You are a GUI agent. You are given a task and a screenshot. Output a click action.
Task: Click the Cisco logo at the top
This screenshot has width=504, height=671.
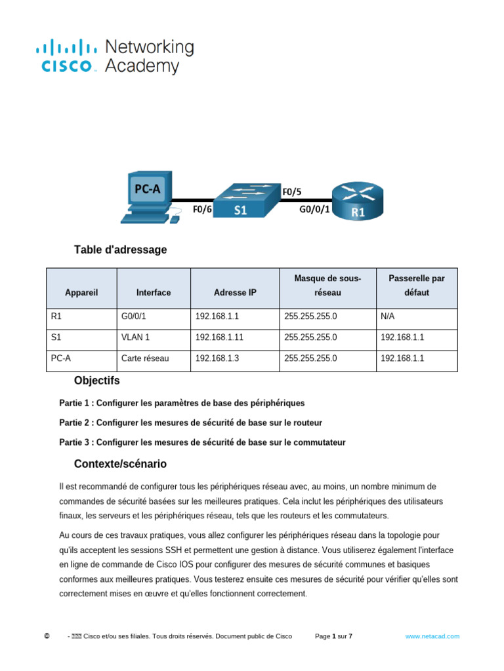click(114, 56)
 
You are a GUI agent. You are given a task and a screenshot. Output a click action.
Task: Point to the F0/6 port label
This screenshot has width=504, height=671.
click(202, 210)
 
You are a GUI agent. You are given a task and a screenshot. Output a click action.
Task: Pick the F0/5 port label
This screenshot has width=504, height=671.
click(292, 192)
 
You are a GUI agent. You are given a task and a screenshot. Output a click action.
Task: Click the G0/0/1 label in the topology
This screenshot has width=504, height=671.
click(314, 210)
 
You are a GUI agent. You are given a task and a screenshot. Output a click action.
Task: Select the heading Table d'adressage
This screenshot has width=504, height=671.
click(120, 250)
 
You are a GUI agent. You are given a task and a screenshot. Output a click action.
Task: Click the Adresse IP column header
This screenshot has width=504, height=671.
click(235, 293)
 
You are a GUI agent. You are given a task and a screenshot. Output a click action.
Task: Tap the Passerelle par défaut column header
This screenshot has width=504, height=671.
click(416, 286)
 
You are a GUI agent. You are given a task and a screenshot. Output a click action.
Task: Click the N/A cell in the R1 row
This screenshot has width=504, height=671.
click(387, 316)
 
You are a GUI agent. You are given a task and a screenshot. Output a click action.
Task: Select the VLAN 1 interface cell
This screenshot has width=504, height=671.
click(136, 337)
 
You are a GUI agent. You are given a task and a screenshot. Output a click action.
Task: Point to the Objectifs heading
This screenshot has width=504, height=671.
click(97, 381)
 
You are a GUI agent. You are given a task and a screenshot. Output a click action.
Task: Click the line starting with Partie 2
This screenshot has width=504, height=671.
click(190, 423)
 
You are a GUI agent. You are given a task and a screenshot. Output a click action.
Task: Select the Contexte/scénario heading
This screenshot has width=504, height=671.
click(120, 464)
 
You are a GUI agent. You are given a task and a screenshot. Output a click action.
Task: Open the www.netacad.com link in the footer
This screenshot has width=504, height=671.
click(432, 636)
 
